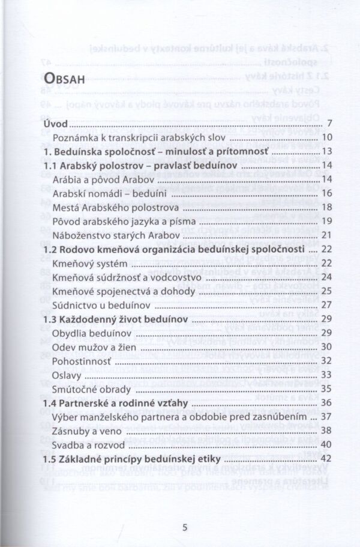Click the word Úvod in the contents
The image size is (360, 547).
[56, 124]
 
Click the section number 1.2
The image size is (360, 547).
[52, 249]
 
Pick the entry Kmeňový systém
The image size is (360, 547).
[89, 262]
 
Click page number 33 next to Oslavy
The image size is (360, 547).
[326, 375]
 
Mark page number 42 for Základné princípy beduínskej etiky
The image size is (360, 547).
[326, 458]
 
